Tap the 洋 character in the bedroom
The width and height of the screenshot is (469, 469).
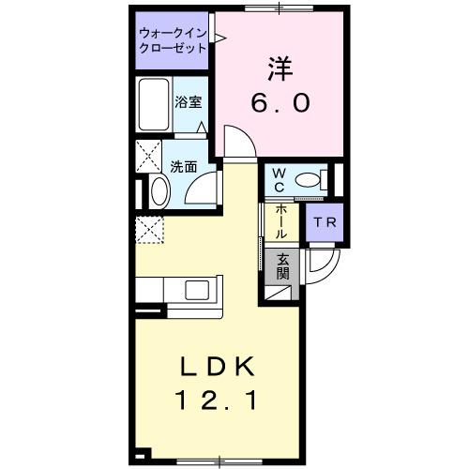279,68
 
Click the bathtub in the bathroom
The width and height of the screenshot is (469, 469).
153,105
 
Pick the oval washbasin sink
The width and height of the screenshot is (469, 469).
157,193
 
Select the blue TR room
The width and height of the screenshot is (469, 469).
325,222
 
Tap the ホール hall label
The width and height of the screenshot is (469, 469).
281,221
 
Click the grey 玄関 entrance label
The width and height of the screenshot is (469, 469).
282,266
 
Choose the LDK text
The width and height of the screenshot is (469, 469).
218,367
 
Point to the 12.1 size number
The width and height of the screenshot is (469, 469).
218,401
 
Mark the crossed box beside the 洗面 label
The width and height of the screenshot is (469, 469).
149,155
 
